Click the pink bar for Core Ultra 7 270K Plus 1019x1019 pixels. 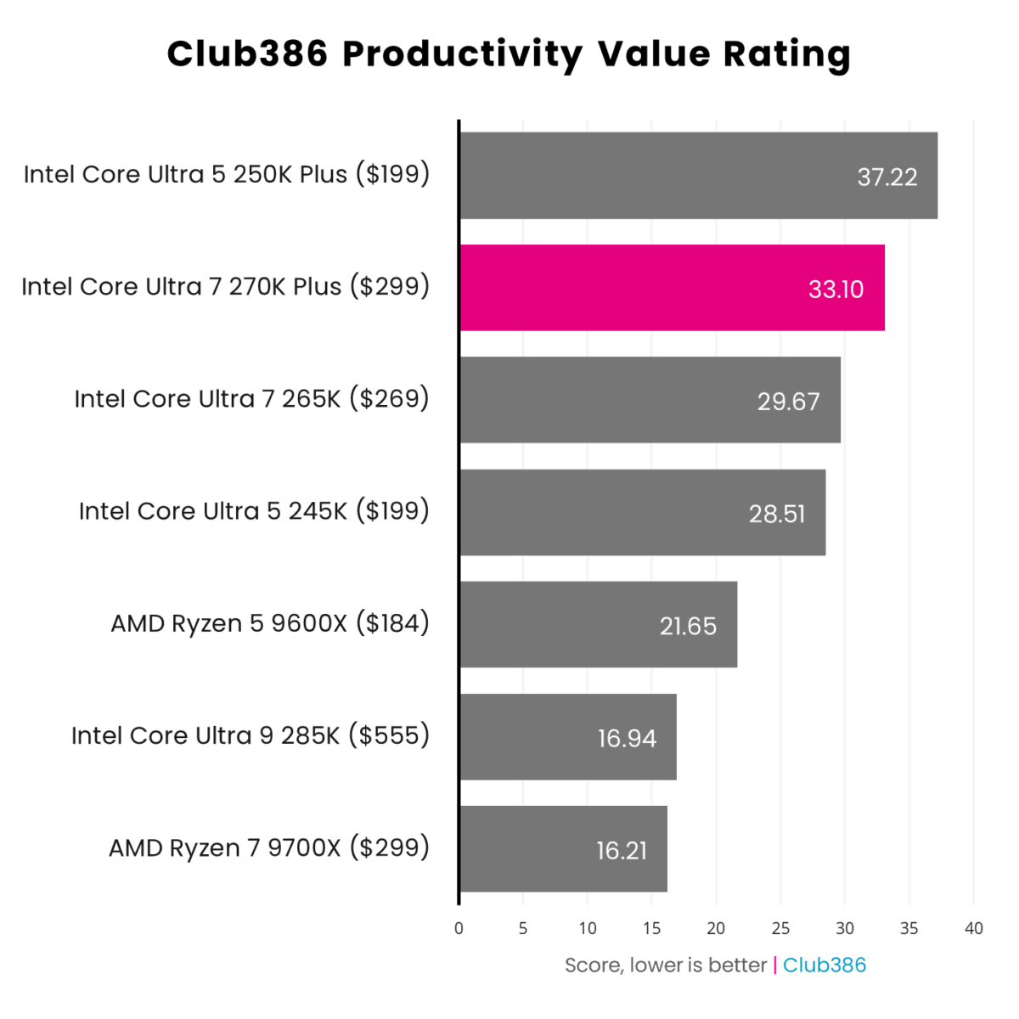click(x=671, y=288)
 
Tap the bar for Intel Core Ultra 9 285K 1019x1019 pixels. click(x=567, y=737)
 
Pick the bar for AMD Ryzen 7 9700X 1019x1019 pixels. click(x=562, y=849)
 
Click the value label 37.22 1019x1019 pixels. click(x=887, y=177)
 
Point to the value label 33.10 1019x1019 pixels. click(x=836, y=290)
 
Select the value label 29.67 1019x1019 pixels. click(x=788, y=402)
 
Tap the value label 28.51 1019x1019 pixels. click(x=776, y=514)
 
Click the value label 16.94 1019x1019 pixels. click(x=627, y=738)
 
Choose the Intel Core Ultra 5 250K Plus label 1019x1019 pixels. click(x=227, y=174)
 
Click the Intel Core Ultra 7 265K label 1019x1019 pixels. click(x=251, y=398)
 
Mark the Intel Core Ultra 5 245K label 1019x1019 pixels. click(x=254, y=511)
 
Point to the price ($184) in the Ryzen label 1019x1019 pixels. click(x=392, y=623)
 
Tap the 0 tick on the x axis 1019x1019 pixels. click(x=459, y=928)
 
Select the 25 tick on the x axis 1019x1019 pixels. click(x=780, y=928)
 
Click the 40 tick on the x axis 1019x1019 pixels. click(x=973, y=928)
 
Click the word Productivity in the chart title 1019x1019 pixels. click(x=462, y=55)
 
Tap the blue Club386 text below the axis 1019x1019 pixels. click(x=824, y=966)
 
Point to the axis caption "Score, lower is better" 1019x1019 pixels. click(x=666, y=966)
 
